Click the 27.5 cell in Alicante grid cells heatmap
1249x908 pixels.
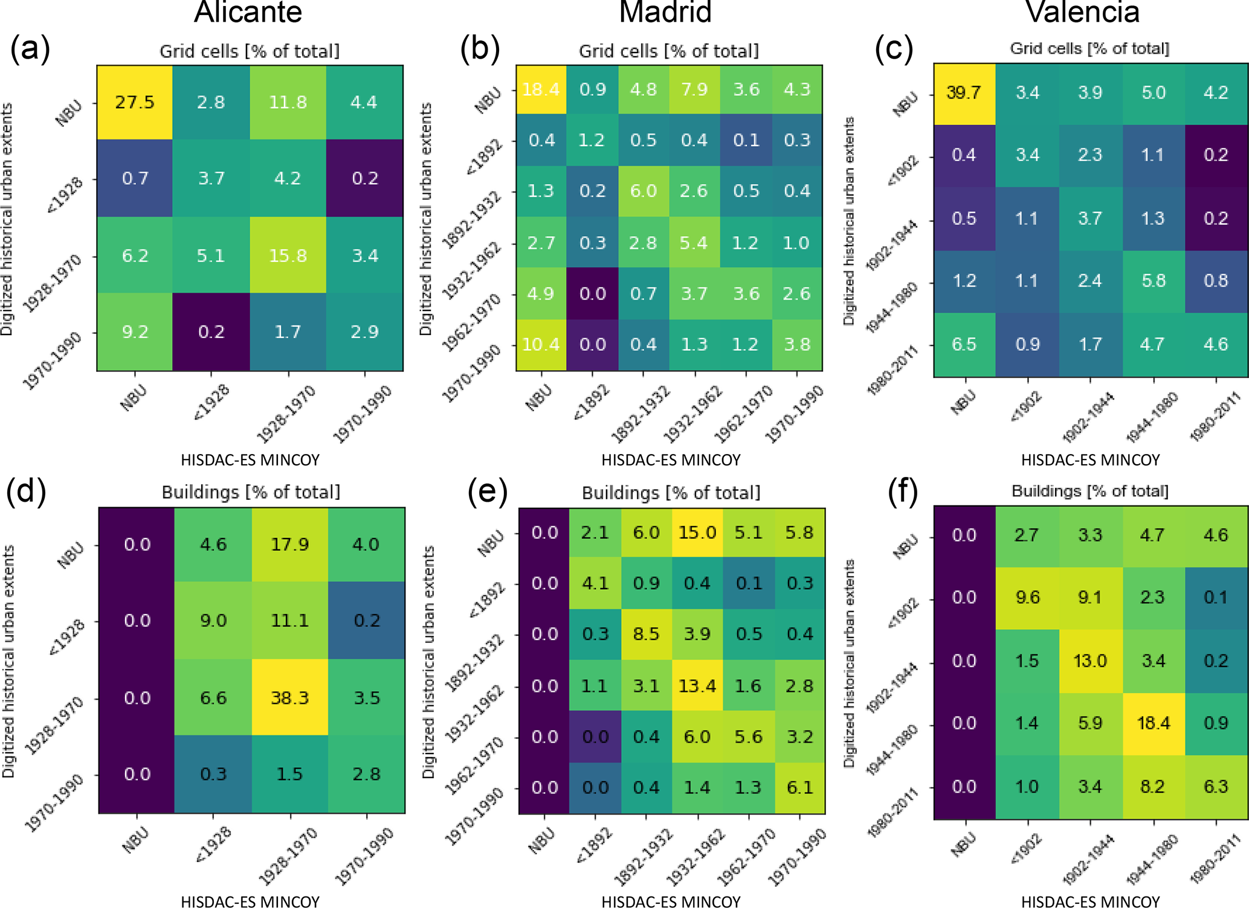coord(135,102)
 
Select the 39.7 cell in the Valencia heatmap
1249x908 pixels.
coord(964,93)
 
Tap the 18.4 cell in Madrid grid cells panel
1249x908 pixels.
coord(541,89)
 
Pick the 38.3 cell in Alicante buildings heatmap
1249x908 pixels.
coord(290,698)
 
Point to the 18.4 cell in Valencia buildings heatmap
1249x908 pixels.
coord(1154,723)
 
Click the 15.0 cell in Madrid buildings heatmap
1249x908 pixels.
coord(697,532)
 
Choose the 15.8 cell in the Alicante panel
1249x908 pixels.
coord(288,255)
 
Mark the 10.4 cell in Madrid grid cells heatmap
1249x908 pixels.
coord(541,344)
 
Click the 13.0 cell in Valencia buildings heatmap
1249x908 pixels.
coord(1090,660)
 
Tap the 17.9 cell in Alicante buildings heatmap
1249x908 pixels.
coord(290,545)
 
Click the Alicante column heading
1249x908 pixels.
coord(248,12)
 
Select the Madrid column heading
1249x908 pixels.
coord(665,12)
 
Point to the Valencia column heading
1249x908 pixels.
coord(1082,12)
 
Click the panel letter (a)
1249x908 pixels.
coord(30,48)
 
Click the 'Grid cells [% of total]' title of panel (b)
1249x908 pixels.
coord(669,51)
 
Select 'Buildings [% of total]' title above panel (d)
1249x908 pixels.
coord(251,492)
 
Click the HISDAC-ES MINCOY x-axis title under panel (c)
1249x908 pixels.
coord(1090,460)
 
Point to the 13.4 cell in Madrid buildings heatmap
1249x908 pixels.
coord(697,686)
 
